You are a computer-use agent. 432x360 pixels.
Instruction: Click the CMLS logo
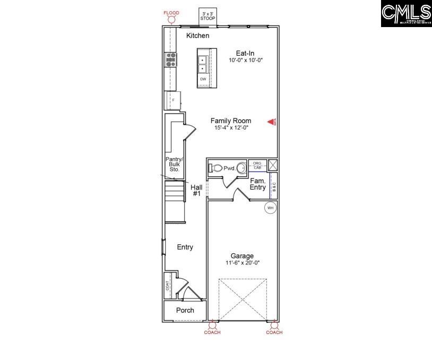click(406, 14)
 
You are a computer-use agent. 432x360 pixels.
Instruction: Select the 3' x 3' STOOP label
click(208, 16)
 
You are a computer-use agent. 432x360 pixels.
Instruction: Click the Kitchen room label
click(197, 36)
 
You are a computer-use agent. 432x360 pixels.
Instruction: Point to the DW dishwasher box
click(203, 79)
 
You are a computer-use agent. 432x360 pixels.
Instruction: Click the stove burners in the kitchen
click(171, 59)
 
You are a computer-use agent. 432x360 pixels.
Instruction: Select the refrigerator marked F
click(172, 100)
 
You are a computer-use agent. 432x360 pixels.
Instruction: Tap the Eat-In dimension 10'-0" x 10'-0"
click(246, 61)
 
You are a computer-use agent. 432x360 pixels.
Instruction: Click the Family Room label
click(230, 121)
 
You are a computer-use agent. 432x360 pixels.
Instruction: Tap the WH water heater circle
click(270, 208)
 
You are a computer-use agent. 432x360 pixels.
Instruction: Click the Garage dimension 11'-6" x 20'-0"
click(241, 263)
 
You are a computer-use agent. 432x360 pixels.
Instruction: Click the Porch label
click(185, 310)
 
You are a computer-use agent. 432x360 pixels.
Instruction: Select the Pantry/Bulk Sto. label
click(174, 164)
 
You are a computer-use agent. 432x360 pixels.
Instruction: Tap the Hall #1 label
click(196, 191)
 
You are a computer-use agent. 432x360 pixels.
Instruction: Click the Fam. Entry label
click(258, 184)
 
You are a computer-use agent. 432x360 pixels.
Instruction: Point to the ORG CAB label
click(257, 165)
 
